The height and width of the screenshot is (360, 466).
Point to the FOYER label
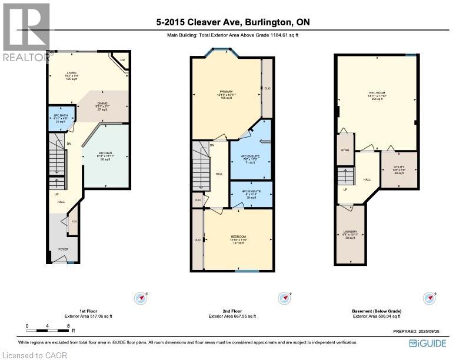[x=63, y=249]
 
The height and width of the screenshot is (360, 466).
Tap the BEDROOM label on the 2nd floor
[x=239, y=239]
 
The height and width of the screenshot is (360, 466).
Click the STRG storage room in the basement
[x=345, y=151]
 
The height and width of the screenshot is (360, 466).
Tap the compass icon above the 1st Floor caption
[x=141, y=297]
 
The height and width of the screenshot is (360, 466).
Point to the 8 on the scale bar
[x=69, y=325]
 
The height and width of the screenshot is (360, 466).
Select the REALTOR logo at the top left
[x=26, y=32]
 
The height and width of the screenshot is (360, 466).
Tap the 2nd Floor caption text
[x=232, y=311]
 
